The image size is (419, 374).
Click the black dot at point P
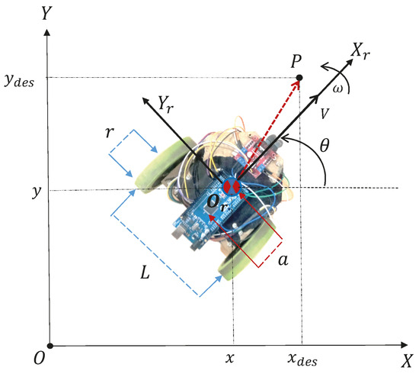pos(299,78)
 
